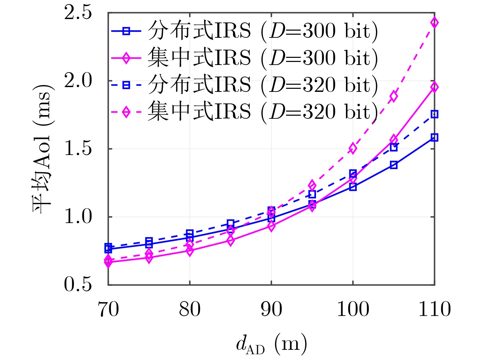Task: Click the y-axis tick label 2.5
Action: (78, 13)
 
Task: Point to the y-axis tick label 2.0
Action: (78, 81)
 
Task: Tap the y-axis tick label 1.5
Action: (78, 149)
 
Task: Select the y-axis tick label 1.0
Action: (78, 217)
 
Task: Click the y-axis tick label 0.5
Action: (78, 284)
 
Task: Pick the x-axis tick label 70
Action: (108, 310)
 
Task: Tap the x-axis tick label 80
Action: (189, 310)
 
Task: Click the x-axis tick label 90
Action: (271, 310)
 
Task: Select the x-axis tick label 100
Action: (353, 310)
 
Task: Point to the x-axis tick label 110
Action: (434, 310)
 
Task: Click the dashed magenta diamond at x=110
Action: (434, 23)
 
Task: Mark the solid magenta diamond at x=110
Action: (434, 87)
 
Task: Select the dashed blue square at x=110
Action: (434, 114)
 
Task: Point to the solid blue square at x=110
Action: (434, 137)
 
